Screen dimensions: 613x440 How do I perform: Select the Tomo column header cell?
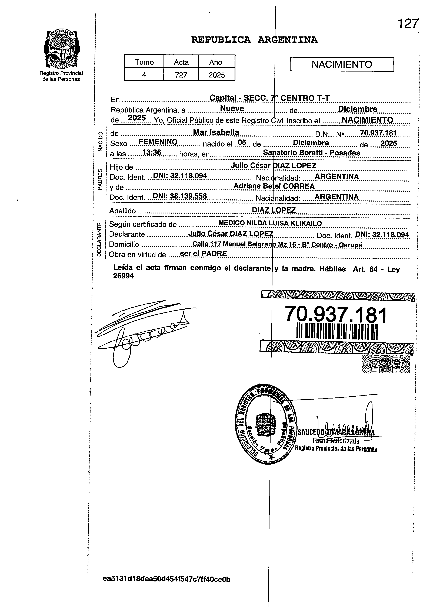(144, 62)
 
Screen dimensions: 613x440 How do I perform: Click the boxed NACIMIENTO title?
(342, 64)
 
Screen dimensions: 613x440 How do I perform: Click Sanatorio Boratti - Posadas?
(311, 153)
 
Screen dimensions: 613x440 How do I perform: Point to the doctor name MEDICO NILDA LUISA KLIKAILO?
(270, 223)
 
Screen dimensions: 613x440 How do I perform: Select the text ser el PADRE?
(203, 254)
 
